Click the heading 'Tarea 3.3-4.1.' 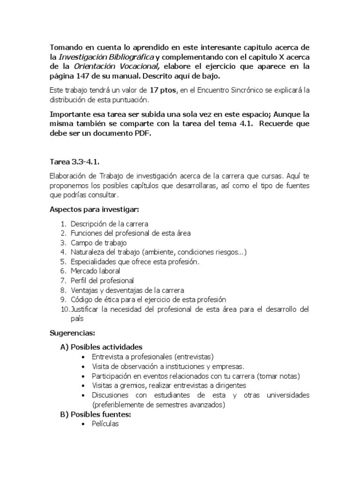[75, 162]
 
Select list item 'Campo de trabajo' [98, 242]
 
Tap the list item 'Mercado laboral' [95, 271]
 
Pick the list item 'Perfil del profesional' [102, 280]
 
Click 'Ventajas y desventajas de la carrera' [127, 290]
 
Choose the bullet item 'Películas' [105, 424]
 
